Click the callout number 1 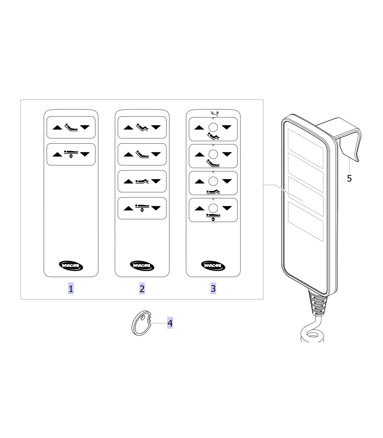[x=71, y=288]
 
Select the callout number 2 [x=142, y=288]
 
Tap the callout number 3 [x=213, y=288]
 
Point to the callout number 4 [x=170, y=323]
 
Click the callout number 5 [x=349, y=178]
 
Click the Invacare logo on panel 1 [x=71, y=266]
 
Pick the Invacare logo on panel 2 [x=142, y=266]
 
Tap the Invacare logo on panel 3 [x=213, y=266]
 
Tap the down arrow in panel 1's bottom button [x=85, y=154]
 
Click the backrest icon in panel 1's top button [x=71, y=127]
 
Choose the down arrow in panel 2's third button [x=156, y=181]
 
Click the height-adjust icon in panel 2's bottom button [x=142, y=208]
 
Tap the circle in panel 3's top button [x=213, y=127]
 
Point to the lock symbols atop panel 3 [x=214, y=113]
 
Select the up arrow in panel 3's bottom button [x=199, y=208]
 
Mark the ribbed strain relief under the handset [x=318, y=303]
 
